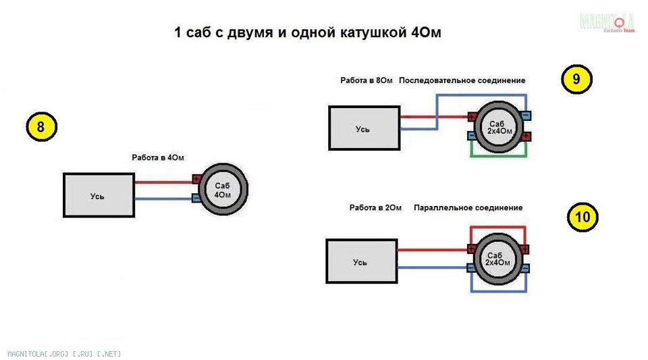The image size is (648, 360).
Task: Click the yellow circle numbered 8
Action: tap(41, 128)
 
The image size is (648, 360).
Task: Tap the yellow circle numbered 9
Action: tap(576, 79)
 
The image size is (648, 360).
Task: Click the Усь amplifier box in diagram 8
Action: tap(99, 196)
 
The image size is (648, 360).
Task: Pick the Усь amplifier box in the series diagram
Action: tap(364, 128)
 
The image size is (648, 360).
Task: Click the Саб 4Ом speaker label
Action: tap(223, 190)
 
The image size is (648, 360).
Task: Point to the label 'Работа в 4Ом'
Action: tap(158, 157)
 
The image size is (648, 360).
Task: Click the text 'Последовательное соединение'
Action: tap(462, 80)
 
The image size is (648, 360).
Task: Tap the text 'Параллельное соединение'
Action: tap(468, 207)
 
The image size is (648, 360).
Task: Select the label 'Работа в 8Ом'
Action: tap(366, 80)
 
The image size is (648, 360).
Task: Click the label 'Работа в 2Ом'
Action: tap(375, 207)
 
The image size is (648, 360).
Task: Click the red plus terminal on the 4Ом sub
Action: tap(196, 180)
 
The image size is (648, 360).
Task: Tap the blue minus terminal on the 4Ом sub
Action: tap(196, 198)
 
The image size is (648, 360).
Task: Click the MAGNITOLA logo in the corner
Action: tap(607, 22)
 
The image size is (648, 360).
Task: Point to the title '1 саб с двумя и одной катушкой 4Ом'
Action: tap(308, 33)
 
